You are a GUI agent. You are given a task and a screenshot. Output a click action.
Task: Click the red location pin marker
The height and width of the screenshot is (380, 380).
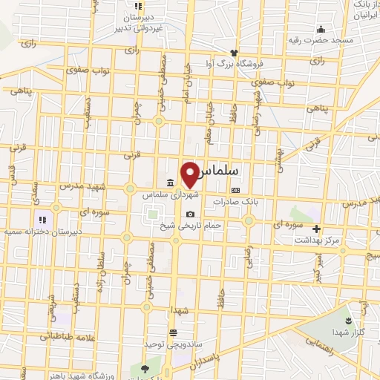190,174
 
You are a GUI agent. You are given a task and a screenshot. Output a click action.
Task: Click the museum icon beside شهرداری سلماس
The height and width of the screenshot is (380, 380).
170,183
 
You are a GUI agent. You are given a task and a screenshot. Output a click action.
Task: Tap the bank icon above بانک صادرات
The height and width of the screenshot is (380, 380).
236,190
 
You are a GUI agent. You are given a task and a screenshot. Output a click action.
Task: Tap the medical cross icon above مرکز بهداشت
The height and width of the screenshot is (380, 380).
316,229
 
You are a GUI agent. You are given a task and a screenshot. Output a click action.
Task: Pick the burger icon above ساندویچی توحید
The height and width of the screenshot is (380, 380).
173,332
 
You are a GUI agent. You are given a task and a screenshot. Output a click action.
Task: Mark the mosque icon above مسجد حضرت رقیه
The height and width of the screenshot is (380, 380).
321,27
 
